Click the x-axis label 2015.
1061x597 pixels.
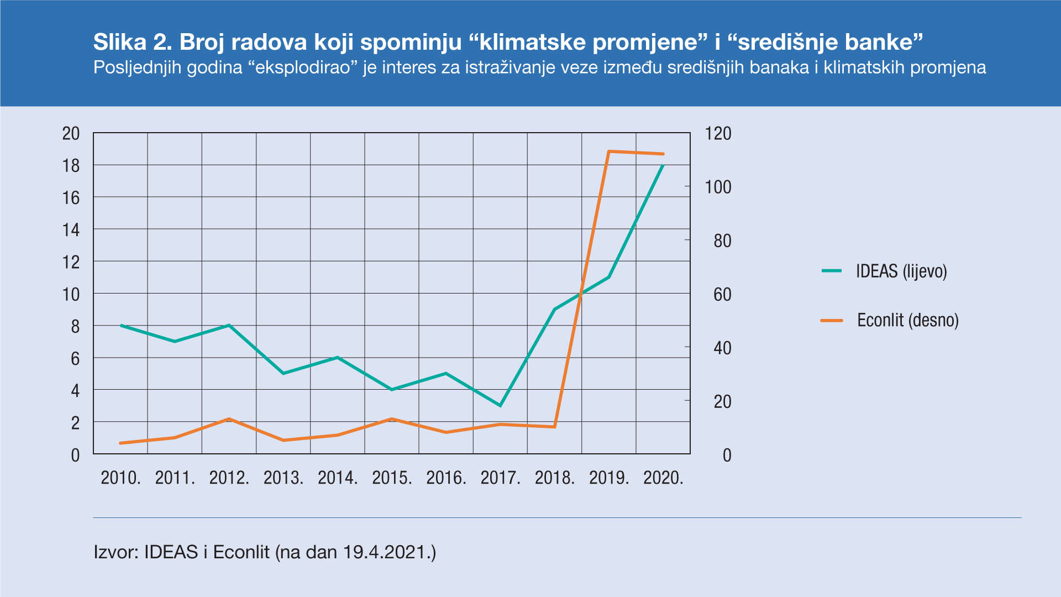[392, 478]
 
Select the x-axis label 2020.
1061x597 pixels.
[663, 478]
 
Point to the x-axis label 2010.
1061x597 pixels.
[120, 478]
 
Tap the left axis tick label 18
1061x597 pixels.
[71, 166]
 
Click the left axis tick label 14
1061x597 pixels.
[71, 230]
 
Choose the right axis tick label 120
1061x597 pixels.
[718, 134]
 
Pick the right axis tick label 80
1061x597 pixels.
[722, 241]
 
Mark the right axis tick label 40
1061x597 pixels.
[722, 348]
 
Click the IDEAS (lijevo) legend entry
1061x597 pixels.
[901, 271]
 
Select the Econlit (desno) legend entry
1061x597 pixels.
[907, 321]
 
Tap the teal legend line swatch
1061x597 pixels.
[832, 271]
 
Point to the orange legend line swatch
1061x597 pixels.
[832, 321]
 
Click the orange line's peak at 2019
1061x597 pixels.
[609, 151]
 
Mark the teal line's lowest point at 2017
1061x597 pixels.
[500, 406]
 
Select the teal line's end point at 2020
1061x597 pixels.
[663, 165]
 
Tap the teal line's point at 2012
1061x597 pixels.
[229, 325]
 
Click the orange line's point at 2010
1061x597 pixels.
[120, 443]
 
